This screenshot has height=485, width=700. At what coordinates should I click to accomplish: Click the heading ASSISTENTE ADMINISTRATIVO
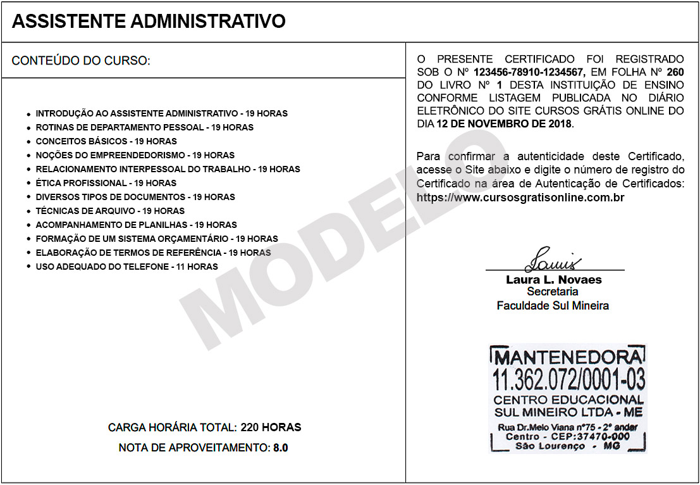click(149, 22)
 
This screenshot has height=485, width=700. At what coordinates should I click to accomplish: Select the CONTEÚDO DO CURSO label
click(81, 61)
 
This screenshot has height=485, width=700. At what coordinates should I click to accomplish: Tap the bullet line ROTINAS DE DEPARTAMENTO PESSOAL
click(144, 127)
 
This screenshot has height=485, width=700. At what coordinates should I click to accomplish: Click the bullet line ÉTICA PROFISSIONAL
click(106, 183)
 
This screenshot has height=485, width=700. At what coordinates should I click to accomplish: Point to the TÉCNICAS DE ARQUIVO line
click(110, 211)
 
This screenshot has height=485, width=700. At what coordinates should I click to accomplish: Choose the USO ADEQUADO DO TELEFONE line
click(126, 267)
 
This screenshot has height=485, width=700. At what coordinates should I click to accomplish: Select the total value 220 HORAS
click(271, 427)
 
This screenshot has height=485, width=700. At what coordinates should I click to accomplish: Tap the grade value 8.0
click(280, 448)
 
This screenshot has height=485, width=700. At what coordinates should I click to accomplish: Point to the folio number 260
click(675, 72)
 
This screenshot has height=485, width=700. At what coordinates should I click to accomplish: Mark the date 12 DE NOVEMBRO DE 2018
click(504, 124)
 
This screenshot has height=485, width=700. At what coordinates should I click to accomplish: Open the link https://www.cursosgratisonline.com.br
click(520, 198)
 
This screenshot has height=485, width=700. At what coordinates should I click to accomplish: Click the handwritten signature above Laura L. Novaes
click(552, 260)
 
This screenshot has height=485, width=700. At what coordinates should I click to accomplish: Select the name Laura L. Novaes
click(553, 279)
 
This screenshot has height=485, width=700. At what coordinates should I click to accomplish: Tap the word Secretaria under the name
click(553, 292)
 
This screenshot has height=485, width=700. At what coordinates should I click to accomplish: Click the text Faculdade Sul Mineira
click(553, 306)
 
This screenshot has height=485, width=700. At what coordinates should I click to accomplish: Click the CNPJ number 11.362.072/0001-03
click(568, 379)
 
